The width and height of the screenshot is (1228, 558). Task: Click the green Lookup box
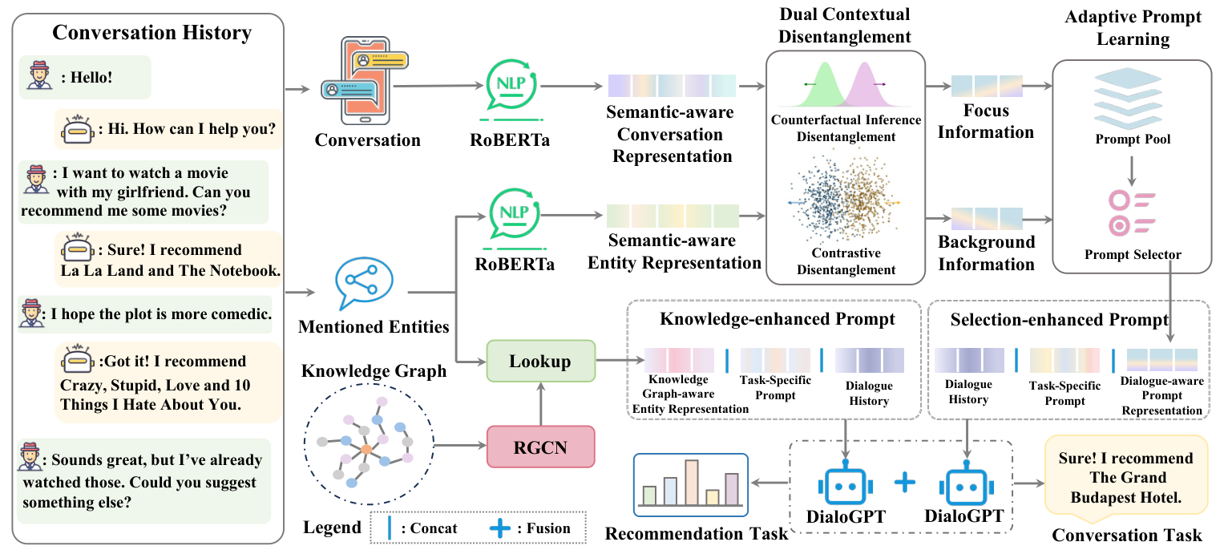540,361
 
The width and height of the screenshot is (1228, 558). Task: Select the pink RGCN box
540,447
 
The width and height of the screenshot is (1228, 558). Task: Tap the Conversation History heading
151,33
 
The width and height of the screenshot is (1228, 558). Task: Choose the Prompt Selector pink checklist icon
1132,212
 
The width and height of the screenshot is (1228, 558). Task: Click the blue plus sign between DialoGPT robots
904,482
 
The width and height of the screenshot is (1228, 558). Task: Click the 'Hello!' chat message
85,78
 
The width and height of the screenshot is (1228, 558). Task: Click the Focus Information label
986,121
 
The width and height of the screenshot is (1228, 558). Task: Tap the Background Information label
986,253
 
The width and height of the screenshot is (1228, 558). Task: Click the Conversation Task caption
1127,536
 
